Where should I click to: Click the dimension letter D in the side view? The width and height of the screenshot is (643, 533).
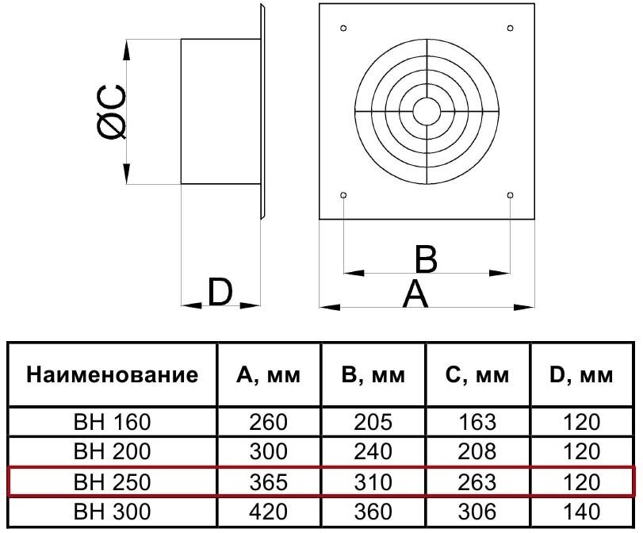click(x=220, y=293)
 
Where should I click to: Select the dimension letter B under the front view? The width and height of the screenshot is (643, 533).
click(x=426, y=259)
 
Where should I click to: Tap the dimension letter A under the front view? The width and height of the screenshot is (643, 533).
click(x=415, y=294)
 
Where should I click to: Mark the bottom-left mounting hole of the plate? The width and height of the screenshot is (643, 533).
click(x=343, y=194)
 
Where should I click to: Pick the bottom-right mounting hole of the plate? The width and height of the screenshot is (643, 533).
click(x=509, y=194)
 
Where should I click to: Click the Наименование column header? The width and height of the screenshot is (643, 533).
click(x=112, y=375)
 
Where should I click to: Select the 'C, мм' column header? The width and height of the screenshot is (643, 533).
click(x=477, y=375)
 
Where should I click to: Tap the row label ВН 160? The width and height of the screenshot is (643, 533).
click(x=112, y=422)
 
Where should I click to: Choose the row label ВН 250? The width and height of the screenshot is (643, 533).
click(x=112, y=481)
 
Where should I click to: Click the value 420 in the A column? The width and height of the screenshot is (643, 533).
click(x=269, y=511)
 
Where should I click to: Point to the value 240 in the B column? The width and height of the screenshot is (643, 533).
click(x=373, y=451)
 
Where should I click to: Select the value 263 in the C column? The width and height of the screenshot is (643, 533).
click(x=477, y=481)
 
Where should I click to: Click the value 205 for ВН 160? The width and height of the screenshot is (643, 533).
click(x=373, y=422)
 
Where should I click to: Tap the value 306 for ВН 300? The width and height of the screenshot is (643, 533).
click(x=477, y=511)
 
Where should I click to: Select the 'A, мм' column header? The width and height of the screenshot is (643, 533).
click(x=269, y=375)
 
